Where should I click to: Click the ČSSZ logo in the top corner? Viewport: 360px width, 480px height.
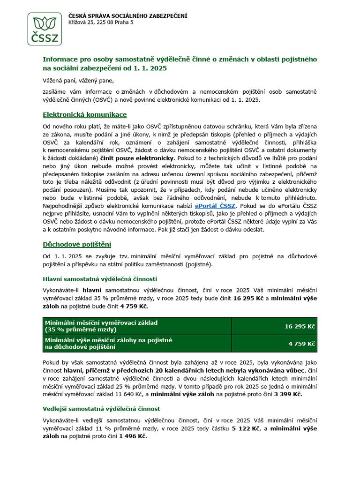[x=44, y=29]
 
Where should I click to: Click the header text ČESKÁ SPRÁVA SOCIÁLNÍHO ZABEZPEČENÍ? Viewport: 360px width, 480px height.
[x=127, y=16]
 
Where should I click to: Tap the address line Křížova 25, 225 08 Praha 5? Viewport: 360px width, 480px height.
[x=101, y=22]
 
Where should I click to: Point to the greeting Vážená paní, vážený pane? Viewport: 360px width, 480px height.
[x=78, y=80]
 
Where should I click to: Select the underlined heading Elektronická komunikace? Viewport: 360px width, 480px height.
[x=84, y=114]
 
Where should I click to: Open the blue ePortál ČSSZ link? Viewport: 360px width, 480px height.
[x=216, y=205]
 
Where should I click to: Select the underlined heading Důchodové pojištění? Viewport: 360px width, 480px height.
[x=77, y=244]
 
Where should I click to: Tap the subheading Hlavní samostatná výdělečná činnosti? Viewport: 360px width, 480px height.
[x=100, y=279]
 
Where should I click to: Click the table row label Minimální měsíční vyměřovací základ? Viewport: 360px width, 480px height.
[x=101, y=323]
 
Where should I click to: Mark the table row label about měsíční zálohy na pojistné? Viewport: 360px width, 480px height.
[x=108, y=340]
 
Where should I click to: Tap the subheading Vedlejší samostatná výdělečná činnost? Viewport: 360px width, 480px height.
[x=101, y=409]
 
